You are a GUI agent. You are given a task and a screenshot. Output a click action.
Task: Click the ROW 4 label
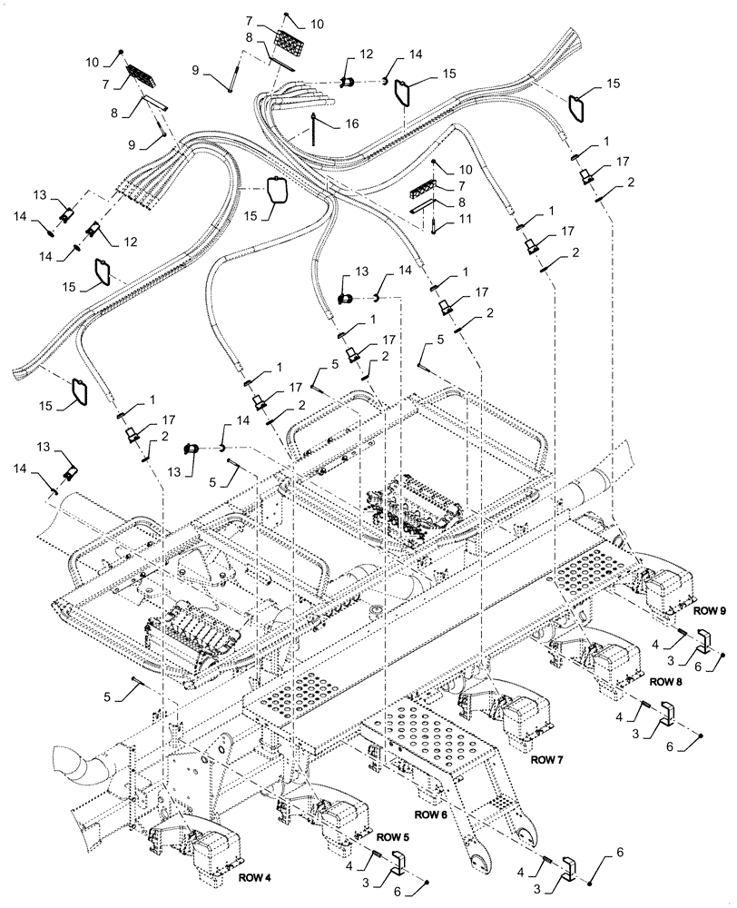258,877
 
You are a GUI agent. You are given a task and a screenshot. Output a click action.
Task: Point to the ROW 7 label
549,758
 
